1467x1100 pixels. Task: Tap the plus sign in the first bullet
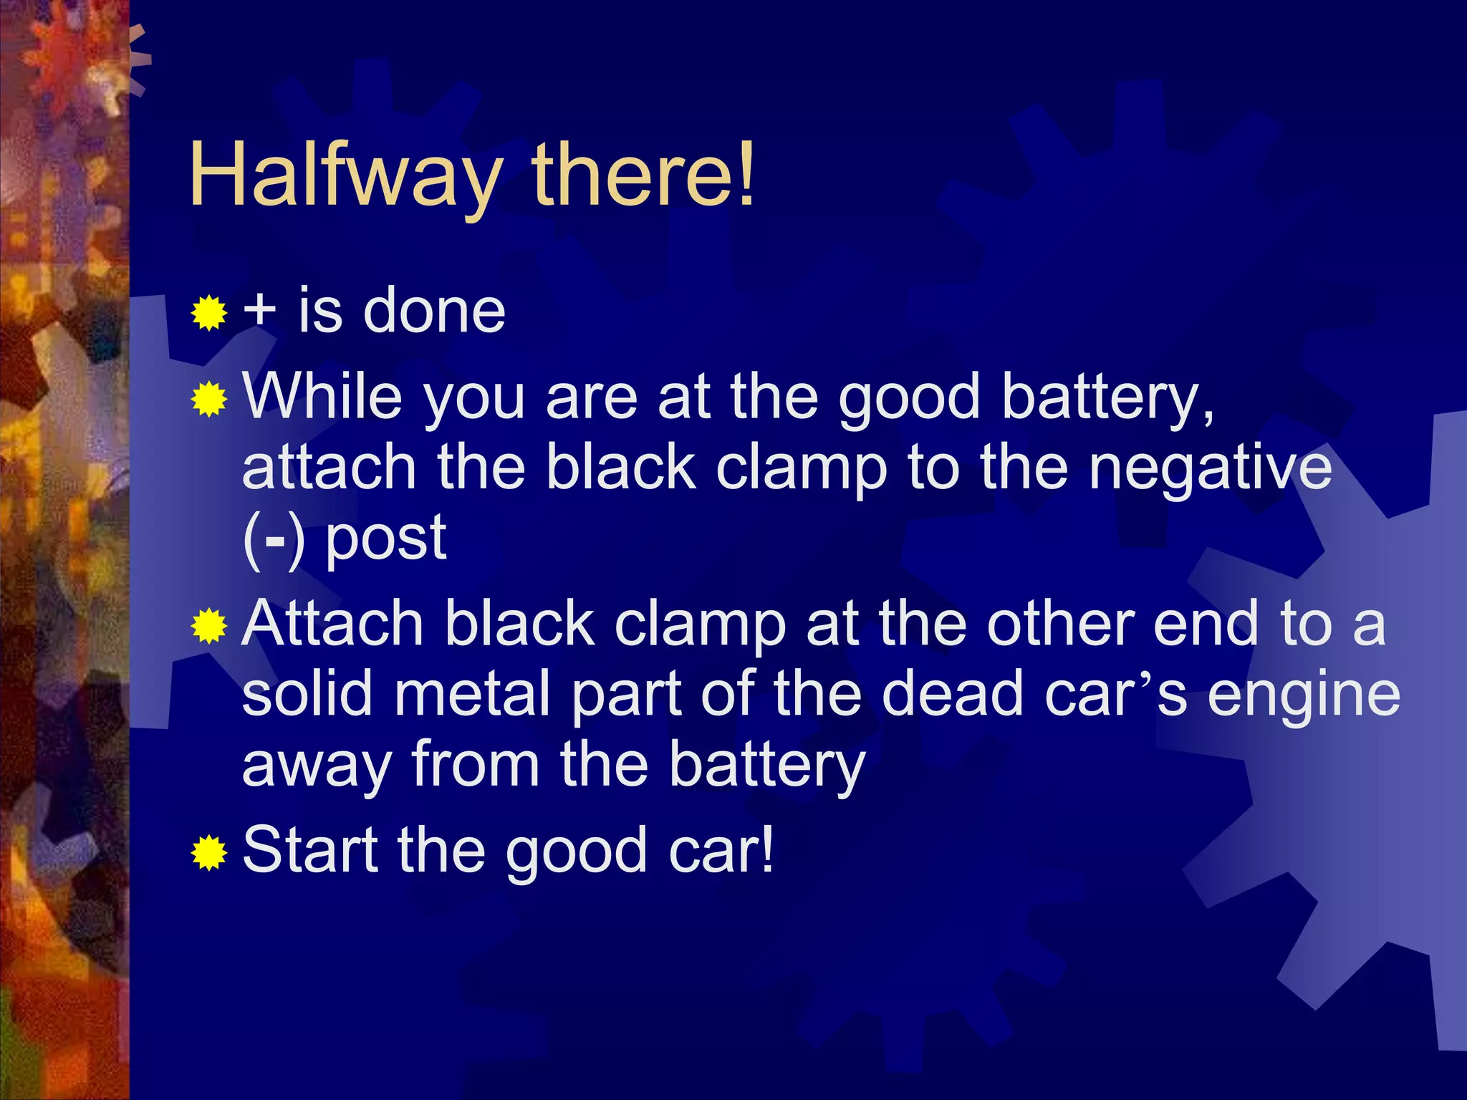259,311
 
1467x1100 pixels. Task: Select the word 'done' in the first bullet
434,311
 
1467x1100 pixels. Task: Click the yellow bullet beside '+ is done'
209,312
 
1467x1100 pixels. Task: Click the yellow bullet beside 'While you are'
209,399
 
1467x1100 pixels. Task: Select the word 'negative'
1210,469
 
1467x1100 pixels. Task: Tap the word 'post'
386,541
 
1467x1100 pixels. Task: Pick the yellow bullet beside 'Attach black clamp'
209,627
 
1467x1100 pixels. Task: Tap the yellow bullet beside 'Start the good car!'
209,852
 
